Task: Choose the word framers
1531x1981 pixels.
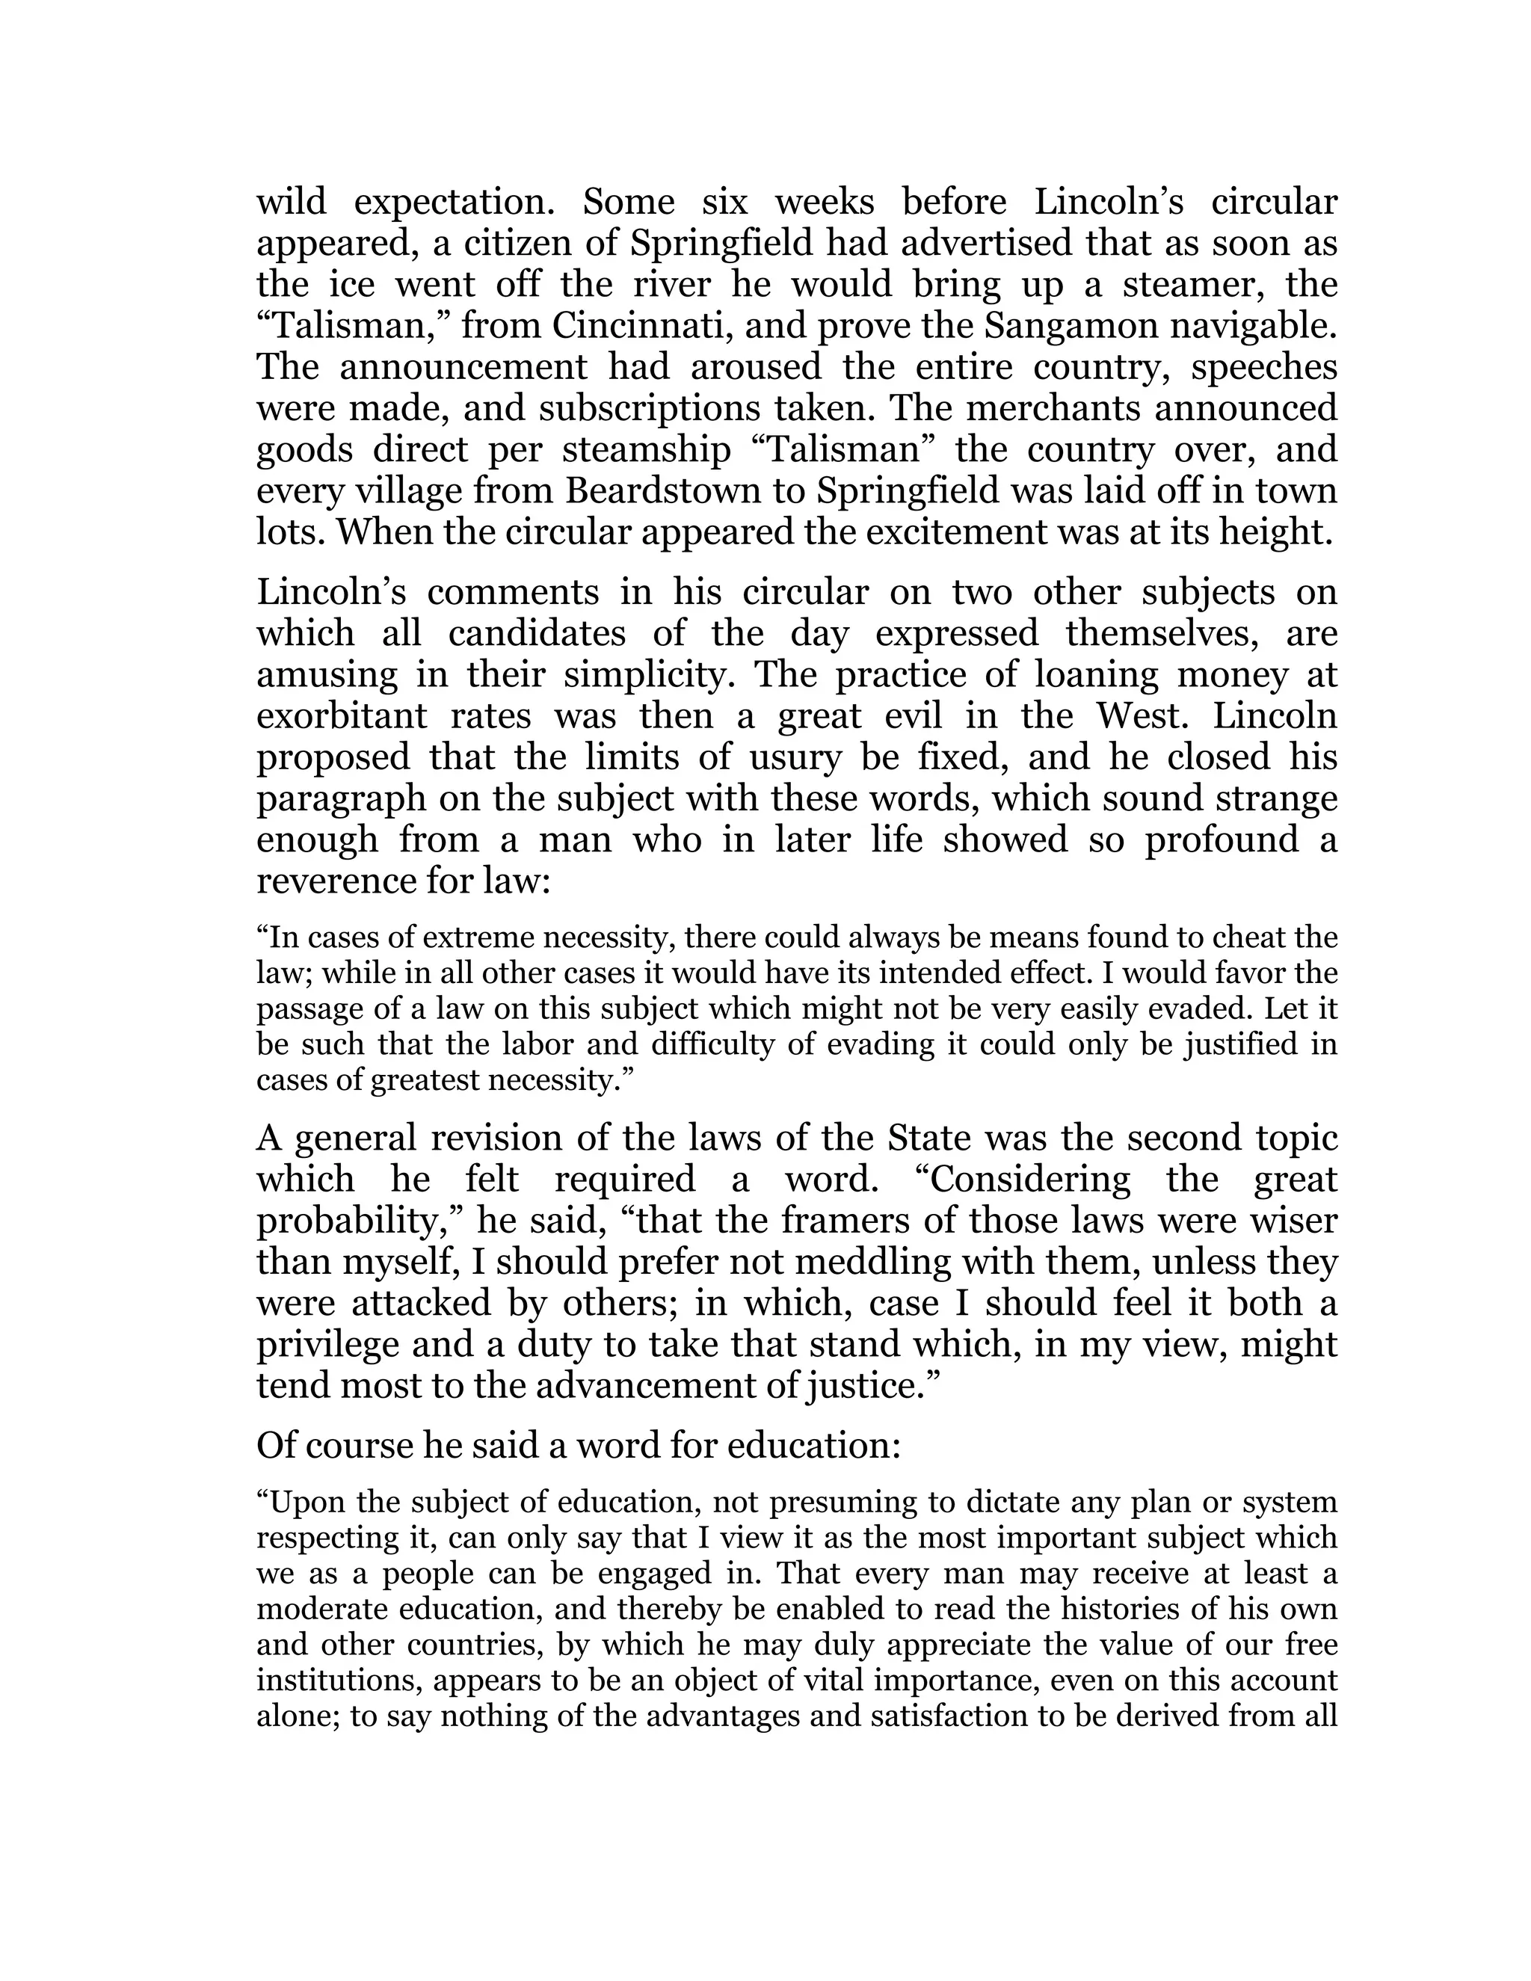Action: tap(848, 1221)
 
